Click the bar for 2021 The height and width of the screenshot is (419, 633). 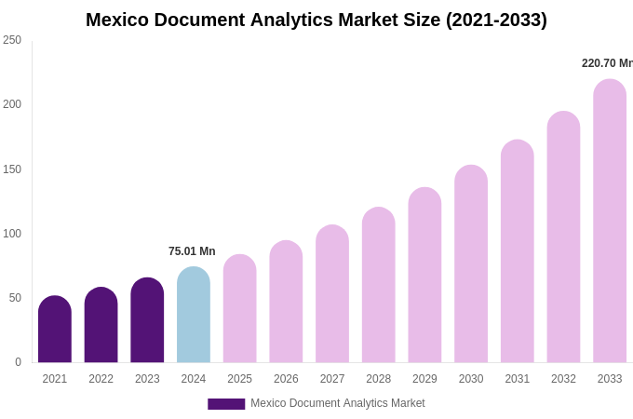pos(55,330)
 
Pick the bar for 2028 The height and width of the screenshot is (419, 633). pos(378,285)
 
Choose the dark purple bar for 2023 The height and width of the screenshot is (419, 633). pos(147,320)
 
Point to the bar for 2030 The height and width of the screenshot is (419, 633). pos(471,264)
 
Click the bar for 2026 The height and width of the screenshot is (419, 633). pos(286,302)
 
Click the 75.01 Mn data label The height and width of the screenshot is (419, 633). pos(192,251)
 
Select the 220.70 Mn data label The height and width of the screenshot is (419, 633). pos(607,63)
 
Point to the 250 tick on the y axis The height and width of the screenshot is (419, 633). pos(12,40)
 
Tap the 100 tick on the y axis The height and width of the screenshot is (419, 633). pos(12,234)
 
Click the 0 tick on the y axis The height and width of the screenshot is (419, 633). pos(18,362)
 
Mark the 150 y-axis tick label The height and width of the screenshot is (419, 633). pos(12,169)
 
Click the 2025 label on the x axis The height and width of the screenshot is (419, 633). pos(239,379)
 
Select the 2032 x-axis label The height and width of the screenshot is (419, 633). pos(563,379)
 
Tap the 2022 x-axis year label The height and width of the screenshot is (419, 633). pos(101,379)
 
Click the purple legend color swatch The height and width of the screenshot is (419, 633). pos(226,403)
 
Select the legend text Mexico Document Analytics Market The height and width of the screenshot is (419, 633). pos(337,403)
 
